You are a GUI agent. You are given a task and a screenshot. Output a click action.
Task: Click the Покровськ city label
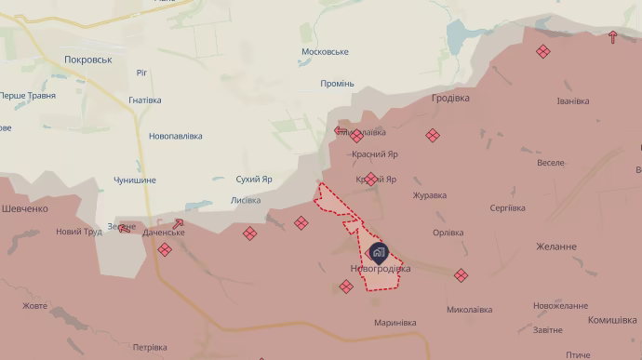88,59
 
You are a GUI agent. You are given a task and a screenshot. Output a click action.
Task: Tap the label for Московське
325,52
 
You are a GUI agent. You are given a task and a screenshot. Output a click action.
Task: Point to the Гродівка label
450,98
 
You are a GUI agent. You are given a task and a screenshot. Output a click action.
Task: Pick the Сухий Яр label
254,179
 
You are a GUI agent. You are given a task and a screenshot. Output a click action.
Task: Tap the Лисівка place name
245,200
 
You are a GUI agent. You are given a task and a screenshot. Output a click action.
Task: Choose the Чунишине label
135,180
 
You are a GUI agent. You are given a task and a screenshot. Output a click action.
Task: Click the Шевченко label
24,209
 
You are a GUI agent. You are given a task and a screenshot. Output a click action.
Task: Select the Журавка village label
429,195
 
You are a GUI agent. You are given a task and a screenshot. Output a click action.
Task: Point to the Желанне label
555,247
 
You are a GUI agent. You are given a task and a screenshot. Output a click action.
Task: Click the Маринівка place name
395,323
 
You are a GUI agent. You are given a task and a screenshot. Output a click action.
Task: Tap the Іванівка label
572,101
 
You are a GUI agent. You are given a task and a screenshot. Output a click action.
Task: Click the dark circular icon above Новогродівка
379,251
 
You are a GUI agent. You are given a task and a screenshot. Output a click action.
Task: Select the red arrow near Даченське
177,223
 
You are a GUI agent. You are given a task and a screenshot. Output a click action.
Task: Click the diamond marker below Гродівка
433,136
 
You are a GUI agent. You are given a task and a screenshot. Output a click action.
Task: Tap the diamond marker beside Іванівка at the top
543,52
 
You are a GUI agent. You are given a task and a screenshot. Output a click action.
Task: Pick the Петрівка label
150,348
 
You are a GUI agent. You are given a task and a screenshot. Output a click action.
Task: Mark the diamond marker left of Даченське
165,249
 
